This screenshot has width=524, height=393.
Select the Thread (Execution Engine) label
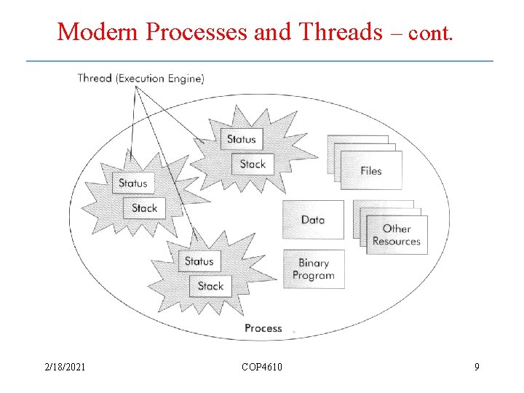(x=140, y=78)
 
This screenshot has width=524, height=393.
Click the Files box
(x=371, y=171)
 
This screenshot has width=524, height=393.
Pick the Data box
(x=313, y=220)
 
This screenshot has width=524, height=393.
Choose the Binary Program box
(x=314, y=269)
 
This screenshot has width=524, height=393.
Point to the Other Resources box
(x=397, y=235)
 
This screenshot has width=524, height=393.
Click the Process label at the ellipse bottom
(x=263, y=328)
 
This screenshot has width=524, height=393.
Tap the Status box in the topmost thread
(x=242, y=139)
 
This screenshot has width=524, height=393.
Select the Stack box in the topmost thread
(x=253, y=164)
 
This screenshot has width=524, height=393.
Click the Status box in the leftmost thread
(x=133, y=183)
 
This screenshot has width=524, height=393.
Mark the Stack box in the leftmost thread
(x=144, y=208)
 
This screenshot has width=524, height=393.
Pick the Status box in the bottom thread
(x=199, y=261)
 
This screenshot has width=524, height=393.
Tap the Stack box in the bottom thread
(x=210, y=286)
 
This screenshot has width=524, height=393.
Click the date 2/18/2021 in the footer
(x=64, y=367)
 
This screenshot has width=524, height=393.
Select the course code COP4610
(x=262, y=367)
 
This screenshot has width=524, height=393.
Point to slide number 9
(x=477, y=367)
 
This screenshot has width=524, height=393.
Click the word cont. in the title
(x=432, y=33)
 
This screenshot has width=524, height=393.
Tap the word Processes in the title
(x=196, y=31)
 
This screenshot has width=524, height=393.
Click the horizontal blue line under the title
(x=260, y=60)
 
